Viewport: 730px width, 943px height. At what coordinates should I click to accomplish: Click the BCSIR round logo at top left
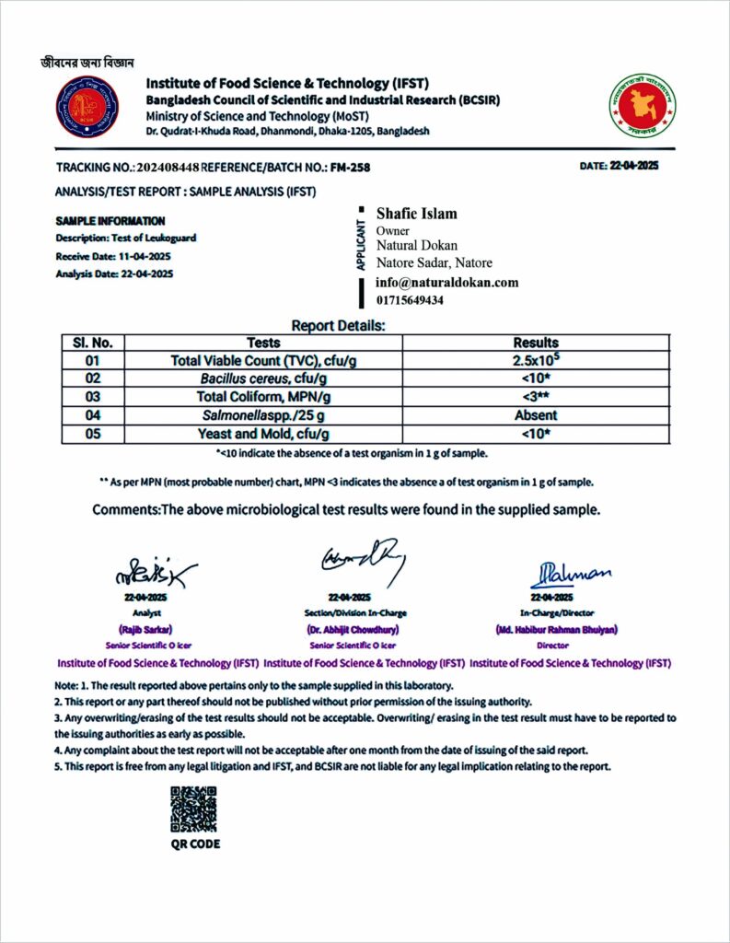[x=87, y=108]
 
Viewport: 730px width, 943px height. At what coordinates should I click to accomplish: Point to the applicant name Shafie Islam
[x=416, y=214]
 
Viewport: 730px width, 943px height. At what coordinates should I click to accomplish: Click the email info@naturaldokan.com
[x=447, y=283]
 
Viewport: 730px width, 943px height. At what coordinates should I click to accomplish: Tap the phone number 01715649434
[x=410, y=300]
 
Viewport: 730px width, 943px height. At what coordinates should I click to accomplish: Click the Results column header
[x=535, y=343]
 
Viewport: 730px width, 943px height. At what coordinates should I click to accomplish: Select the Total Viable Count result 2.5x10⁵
[x=535, y=360]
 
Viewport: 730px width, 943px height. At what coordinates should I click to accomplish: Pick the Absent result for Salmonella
[x=535, y=414]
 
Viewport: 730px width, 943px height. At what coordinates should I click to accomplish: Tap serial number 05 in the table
[x=91, y=433]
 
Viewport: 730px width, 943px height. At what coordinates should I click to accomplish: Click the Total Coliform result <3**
[x=535, y=397]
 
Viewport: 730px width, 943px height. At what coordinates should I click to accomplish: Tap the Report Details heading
[x=338, y=325]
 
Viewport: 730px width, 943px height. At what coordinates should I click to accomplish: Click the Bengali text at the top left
[x=87, y=63]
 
